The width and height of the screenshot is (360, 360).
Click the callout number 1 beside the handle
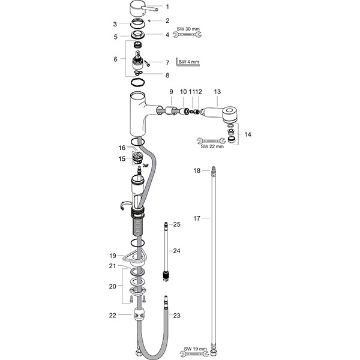(167, 7)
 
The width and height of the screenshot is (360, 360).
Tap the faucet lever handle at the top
(142, 9)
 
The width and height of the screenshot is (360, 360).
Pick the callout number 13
(217, 91)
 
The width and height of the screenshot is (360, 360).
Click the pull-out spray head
(222, 112)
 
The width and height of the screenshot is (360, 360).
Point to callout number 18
(197, 171)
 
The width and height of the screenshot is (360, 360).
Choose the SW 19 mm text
(196, 347)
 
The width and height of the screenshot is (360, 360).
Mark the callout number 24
(176, 250)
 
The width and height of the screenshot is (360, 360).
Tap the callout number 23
(176, 315)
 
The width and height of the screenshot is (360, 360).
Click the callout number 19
(113, 256)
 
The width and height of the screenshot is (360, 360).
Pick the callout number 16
(122, 148)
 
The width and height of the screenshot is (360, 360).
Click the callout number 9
(170, 91)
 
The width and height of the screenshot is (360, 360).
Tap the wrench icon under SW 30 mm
(187, 35)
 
